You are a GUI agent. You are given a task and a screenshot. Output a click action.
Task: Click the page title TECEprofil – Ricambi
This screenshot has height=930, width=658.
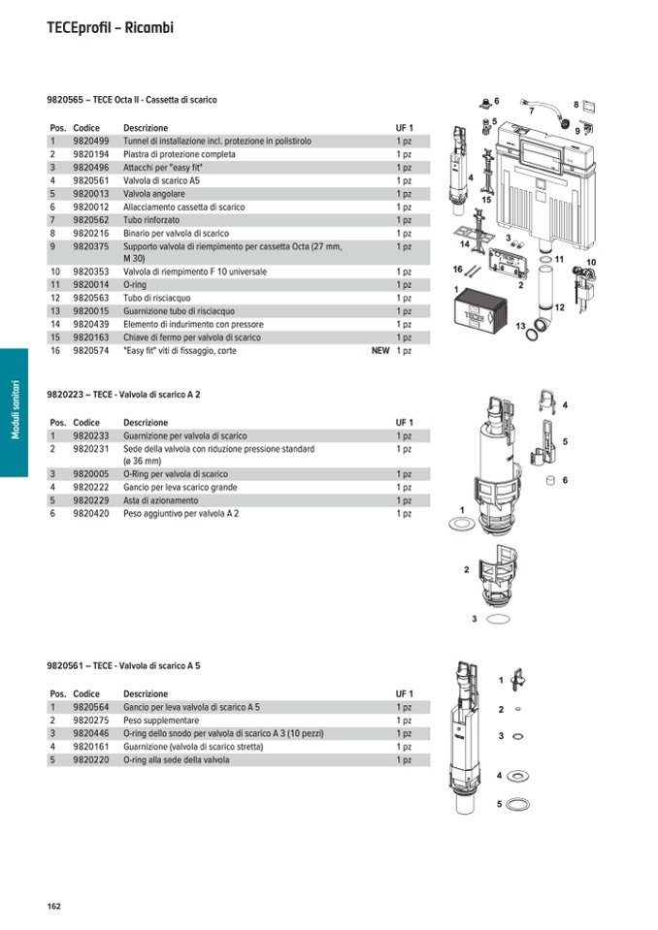110,28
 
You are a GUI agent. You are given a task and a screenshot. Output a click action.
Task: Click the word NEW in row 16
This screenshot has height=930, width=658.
380,351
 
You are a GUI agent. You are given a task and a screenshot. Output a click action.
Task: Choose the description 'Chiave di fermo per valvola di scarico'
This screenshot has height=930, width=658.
192,337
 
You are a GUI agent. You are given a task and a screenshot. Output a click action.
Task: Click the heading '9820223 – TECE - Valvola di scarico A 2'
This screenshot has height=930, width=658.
123,395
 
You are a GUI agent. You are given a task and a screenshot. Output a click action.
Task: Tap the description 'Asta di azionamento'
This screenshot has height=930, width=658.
160,500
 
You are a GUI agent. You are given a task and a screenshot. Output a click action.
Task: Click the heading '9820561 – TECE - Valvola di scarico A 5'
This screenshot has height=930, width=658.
123,666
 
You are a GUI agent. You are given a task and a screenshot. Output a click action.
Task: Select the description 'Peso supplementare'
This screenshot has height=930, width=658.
161,721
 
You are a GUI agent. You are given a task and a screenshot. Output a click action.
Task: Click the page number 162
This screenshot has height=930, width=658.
53,906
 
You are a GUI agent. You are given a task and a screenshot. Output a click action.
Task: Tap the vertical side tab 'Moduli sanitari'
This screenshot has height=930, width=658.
15,412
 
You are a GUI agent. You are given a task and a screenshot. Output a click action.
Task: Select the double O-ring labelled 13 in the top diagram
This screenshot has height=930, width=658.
535,334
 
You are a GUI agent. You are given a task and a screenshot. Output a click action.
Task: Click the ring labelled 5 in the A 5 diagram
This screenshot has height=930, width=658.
518,804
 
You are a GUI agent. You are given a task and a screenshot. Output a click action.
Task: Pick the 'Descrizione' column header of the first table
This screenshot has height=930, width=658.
146,128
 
